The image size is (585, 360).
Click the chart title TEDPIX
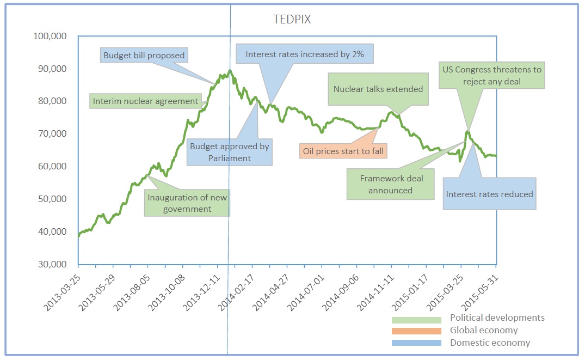coord(291,20)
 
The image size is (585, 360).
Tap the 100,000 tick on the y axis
coord(51,36)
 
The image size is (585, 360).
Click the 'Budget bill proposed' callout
coord(144,55)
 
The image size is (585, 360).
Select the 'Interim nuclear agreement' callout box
coord(145,101)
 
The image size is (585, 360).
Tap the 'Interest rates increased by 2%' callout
coord(304,54)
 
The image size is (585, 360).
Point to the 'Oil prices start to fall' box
coord(343,150)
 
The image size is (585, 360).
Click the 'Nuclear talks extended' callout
coord(378,89)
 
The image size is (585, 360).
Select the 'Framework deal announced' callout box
coord(391,184)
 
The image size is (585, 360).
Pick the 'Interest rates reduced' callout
coord(489,194)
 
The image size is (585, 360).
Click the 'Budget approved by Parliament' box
coord(229,152)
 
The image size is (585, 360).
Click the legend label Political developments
coord(497,318)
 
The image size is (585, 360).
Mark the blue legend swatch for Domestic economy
coord(416,343)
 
